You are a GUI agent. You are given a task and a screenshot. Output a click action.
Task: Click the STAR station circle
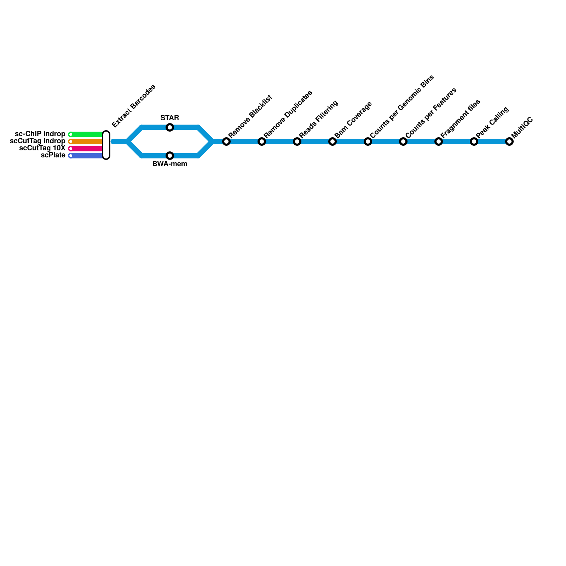pyautogui.click(x=170, y=127)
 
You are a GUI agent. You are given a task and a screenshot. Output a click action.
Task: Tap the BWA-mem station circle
pyautogui.click(x=170, y=156)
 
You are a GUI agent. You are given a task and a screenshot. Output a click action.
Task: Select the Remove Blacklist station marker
pyautogui.click(x=226, y=141)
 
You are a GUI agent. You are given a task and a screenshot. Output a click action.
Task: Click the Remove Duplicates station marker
pyautogui.click(x=262, y=141)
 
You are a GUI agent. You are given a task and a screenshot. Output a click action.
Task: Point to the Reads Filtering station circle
pyautogui.click(x=297, y=141)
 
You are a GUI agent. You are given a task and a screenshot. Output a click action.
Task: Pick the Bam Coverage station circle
pyautogui.click(x=333, y=141)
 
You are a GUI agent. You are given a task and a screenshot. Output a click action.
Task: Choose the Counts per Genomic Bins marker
pyautogui.click(x=368, y=141)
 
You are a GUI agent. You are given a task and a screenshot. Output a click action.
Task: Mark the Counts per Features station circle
pyautogui.click(x=403, y=141)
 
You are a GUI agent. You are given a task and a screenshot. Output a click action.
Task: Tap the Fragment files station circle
pyautogui.click(x=439, y=141)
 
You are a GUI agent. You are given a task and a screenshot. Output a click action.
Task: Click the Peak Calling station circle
pyautogui.click(x=474, y=141)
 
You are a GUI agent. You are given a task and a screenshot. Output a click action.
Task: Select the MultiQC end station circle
pyautogui.click(x=509, y=141)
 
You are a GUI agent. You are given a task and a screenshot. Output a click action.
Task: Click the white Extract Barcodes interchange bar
pyautogui.click(x=106, y=145)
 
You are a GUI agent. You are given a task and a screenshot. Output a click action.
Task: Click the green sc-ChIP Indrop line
pyautogui.click(x=87, y=134)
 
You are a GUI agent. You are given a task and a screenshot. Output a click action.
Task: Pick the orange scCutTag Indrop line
pyautogui.click(x=87, y=141)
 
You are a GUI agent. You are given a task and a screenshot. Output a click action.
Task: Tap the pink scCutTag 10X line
pyautogui.click(x=87, y=149)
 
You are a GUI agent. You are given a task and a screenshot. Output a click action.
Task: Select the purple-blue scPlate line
pyautogui.click(x=87, y=156)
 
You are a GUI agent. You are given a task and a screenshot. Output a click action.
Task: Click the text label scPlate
pyautogui.click(x=53, y=155)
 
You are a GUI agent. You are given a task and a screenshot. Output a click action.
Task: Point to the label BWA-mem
pyautogui.click(x=170, y=164)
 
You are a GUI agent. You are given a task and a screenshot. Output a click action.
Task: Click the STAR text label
pyautogui.click(x=170, y=118)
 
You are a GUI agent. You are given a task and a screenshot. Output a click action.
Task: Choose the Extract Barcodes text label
pyautogui.click(x=134, y=106)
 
